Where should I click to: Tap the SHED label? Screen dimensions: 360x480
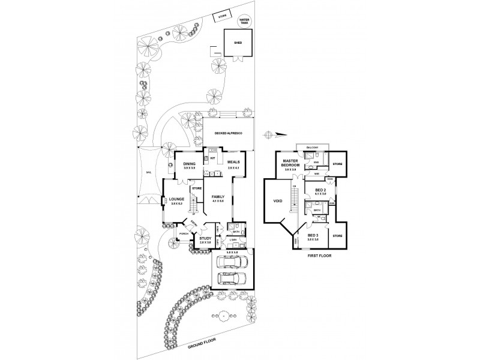236,43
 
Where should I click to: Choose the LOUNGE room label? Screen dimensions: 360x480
176,200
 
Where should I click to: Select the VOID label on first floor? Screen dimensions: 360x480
278,202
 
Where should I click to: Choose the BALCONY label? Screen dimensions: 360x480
312,146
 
